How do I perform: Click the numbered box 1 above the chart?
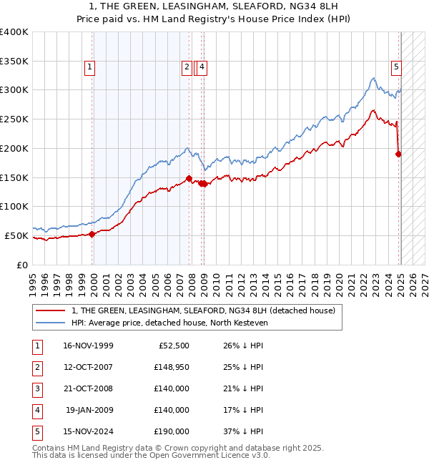click(90, 68)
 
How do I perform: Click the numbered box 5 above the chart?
click(395, 68)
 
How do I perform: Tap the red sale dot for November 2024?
click(398, 153)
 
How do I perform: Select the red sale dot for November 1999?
click(92, 234)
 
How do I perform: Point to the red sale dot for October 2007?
click(189, 178)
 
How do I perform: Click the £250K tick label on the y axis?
click(14, 119)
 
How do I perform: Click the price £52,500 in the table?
click(172, 346)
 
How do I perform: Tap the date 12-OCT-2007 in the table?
click(88, 367)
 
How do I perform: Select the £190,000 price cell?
click(172, 431)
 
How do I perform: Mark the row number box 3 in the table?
click(36, 388)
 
